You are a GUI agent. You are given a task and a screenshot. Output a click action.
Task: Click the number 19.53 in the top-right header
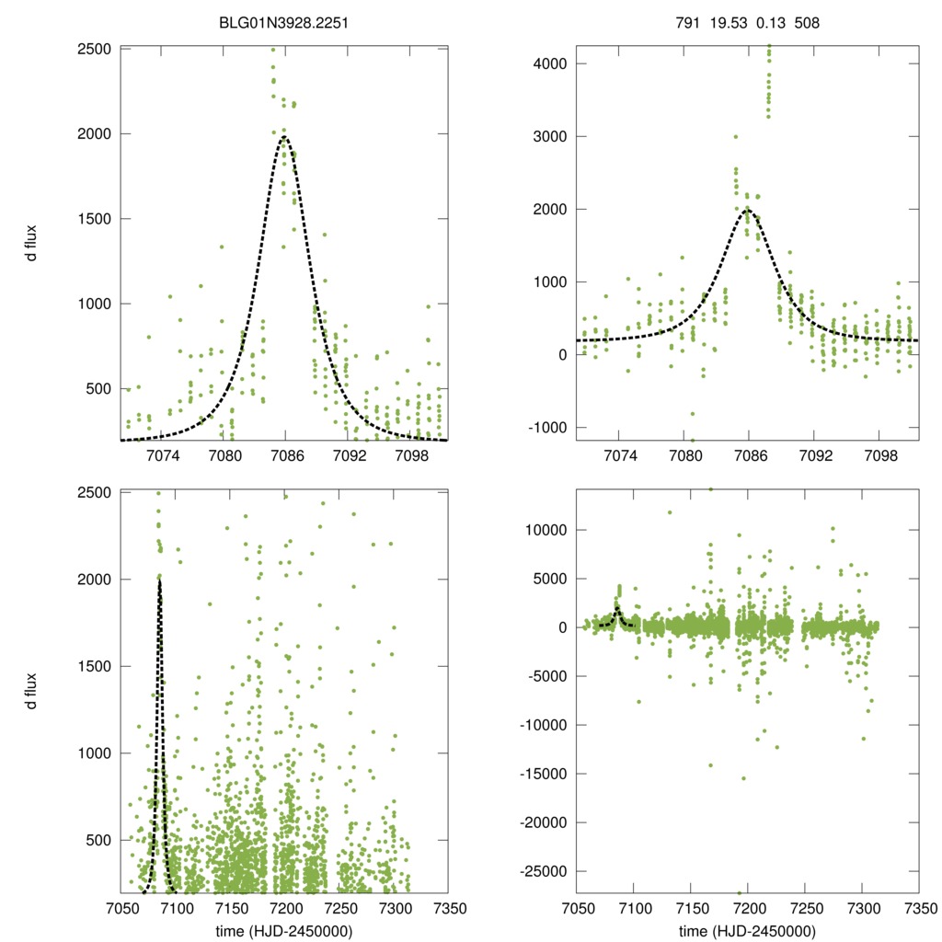point(726,15)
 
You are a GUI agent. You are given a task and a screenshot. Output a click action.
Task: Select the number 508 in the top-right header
point(808,15)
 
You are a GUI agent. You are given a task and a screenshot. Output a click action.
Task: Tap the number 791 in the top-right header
point(687,15)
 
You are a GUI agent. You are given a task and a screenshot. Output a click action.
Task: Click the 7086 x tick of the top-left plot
point(284,455)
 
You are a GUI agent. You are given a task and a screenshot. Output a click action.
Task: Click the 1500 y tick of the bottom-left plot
point(96,666)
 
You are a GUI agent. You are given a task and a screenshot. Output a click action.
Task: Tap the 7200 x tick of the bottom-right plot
point(747,909)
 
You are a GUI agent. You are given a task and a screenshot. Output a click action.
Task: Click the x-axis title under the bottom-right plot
point(747,930)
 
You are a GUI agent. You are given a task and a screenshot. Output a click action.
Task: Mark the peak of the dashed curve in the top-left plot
point(284,138)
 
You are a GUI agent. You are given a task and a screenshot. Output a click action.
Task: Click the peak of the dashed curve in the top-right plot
point(748,209)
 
